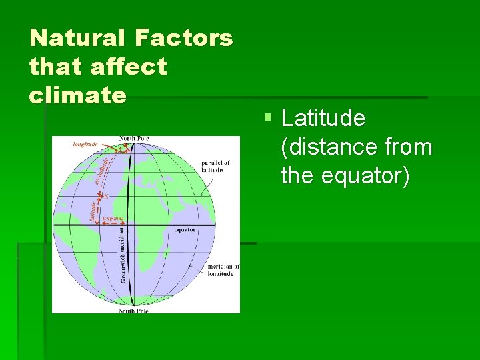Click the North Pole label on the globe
click(134, 139)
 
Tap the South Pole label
click(133, 311)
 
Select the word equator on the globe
click(185, 230)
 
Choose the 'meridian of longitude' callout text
click(223, 270)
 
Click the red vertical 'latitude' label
click(92, 211)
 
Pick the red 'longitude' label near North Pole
click(85, 143)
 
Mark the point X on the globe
click(105, 196)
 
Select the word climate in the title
click(77, 95)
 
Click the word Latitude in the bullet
click(323, 119)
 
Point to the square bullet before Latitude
click(267, 118)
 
